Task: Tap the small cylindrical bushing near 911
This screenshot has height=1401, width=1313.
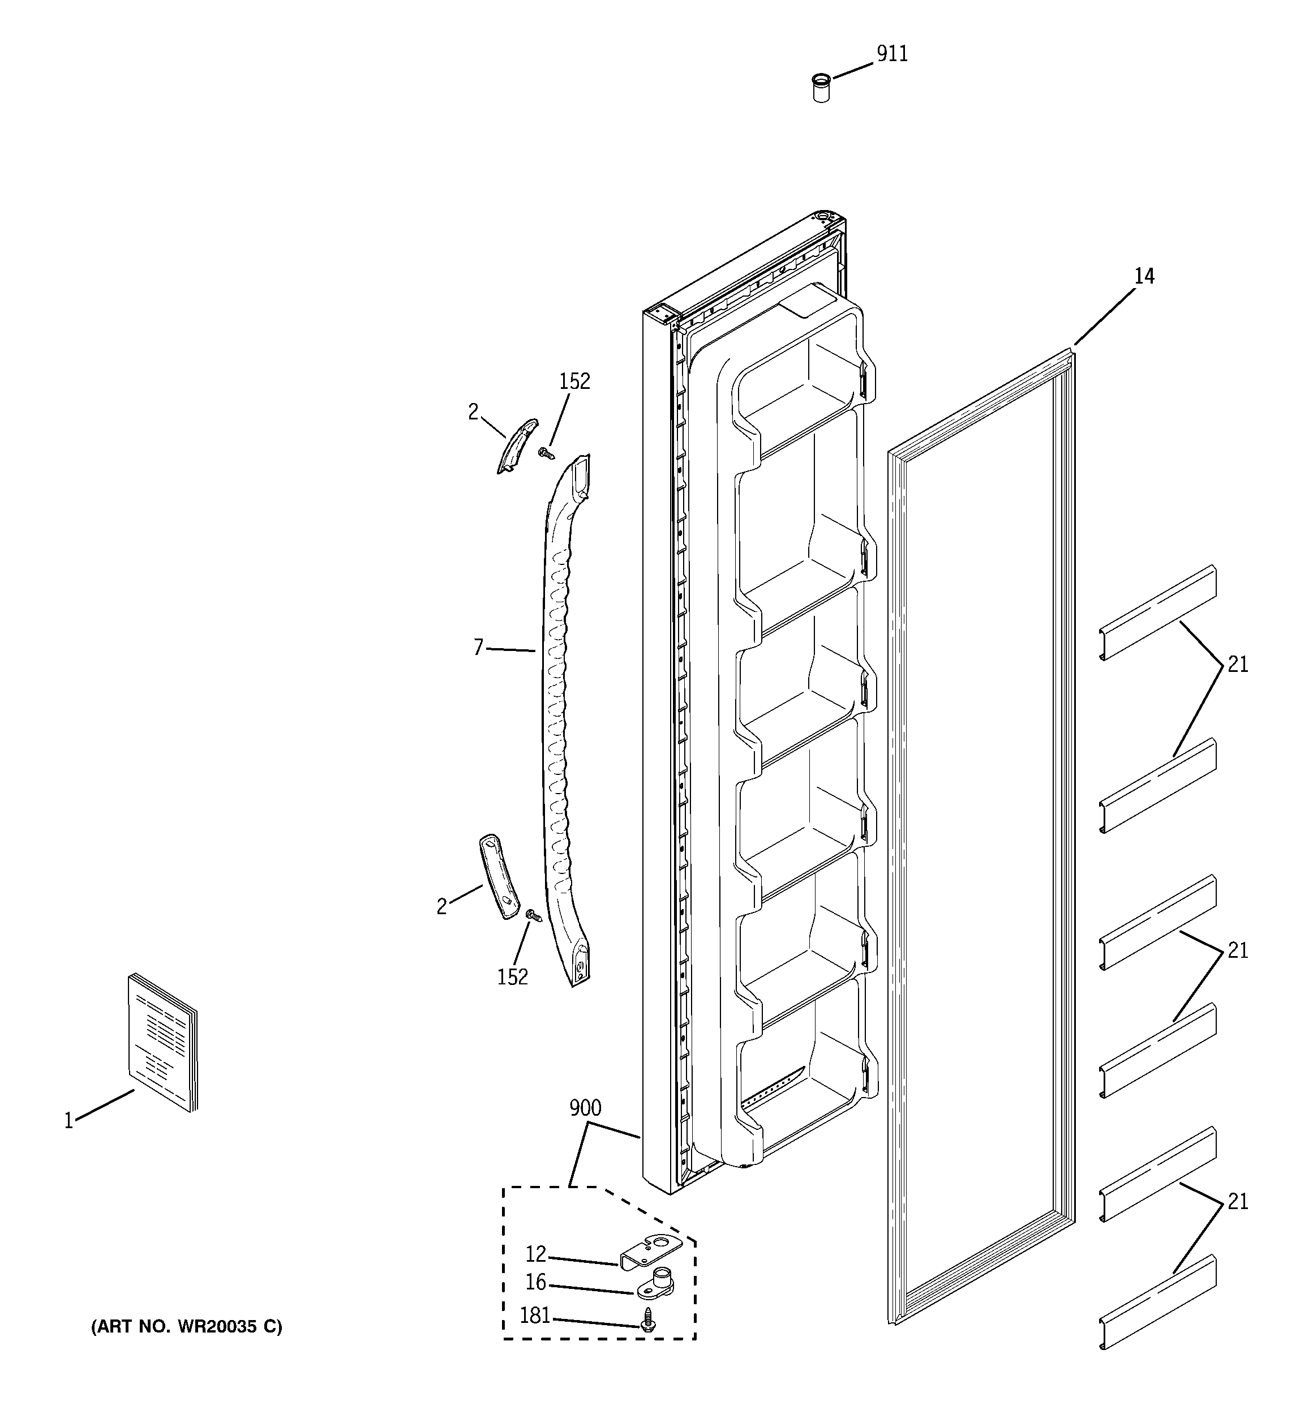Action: coord(821,88)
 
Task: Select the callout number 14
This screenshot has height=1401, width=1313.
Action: coord(1143,276)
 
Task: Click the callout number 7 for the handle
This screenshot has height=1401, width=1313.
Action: coord(479,647)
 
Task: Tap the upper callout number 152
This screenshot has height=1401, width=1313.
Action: coord(574,382)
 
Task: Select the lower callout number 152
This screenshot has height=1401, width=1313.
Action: coord(512,977)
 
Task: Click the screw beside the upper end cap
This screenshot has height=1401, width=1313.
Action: coord(545,454)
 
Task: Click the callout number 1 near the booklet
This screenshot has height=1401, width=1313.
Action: coord(68,1121)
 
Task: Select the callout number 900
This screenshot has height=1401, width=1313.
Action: coord(585,1108)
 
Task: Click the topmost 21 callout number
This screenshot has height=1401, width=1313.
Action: coord(1237,664)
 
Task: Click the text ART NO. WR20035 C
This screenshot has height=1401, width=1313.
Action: coord(187,1327)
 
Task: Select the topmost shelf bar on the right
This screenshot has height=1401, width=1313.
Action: coord(1158,612)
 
